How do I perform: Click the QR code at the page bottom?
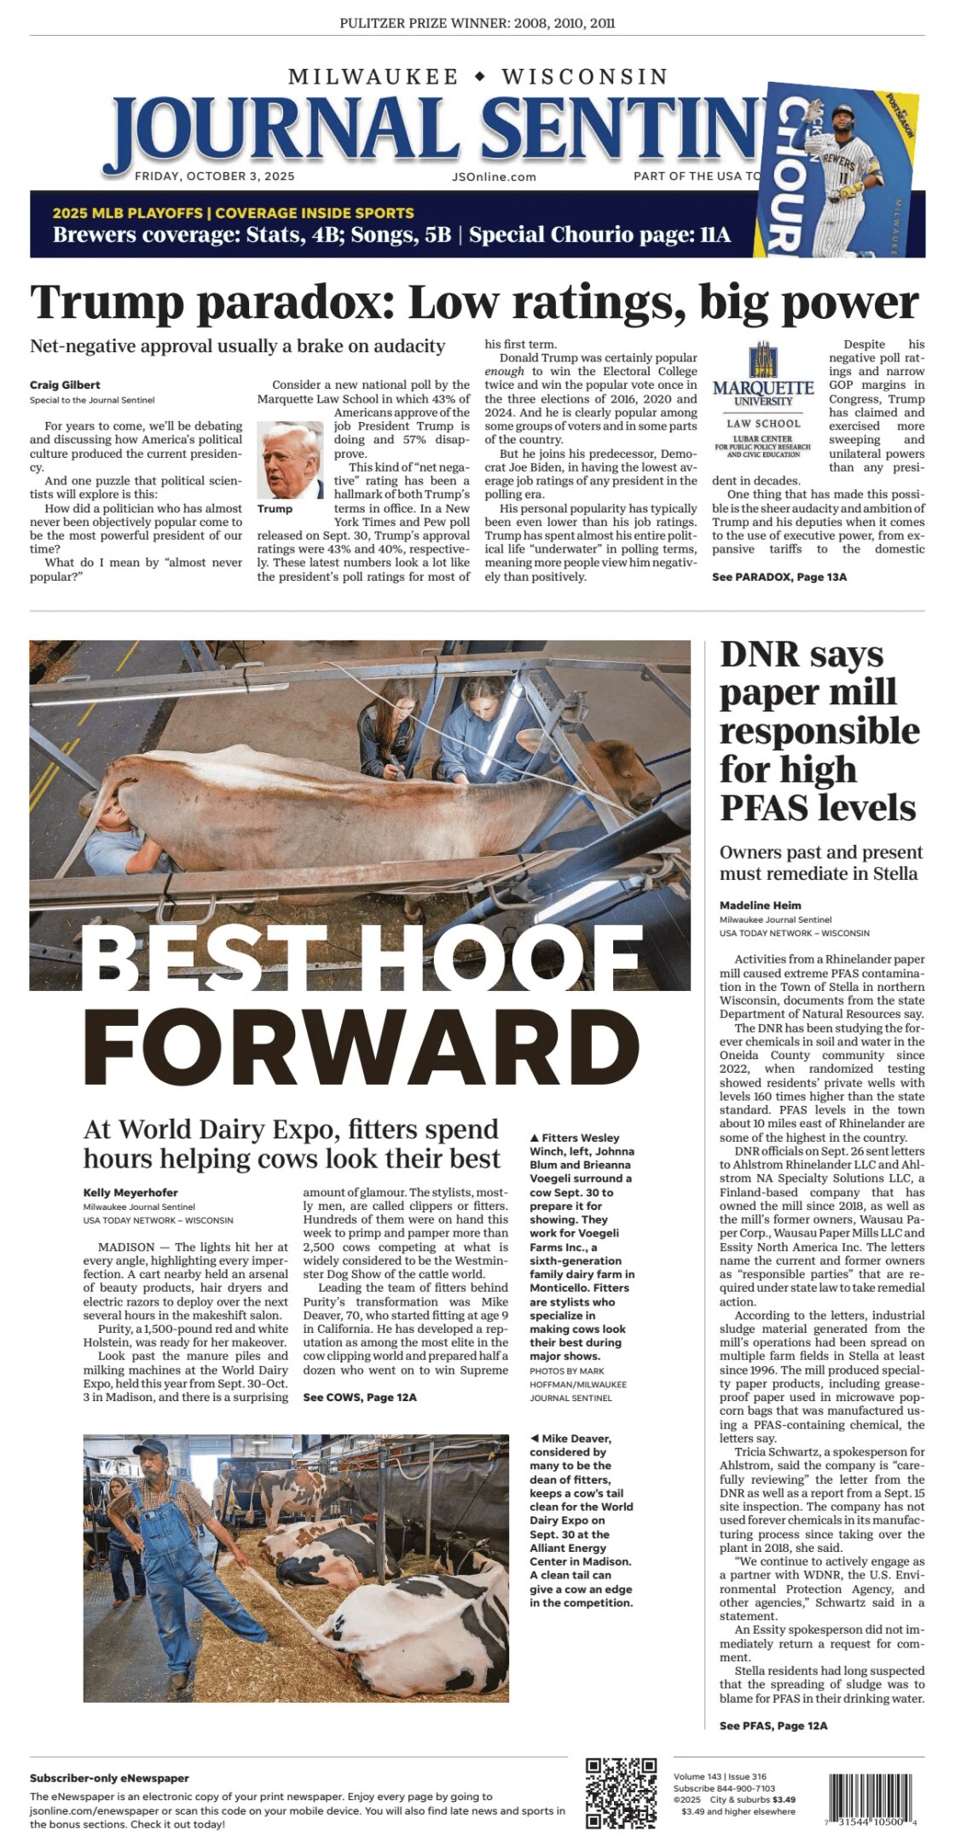click(x=621, y=1793)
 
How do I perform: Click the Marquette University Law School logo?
click(x=763, y=401)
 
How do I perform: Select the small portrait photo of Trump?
click(x=290, y=460)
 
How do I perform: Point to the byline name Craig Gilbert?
click(x=65, y=385)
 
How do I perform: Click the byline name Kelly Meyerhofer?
click(x=130, y=1192)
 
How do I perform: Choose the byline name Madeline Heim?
click(x=760, y=905)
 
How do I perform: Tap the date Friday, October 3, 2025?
click(x=215, y=177)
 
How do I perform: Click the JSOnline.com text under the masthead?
click(x=494, y=177)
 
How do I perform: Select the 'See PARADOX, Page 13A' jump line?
click(x=779, y=576)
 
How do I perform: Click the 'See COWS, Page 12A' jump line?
click(x=360, y=1397)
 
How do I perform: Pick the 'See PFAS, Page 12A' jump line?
click(x=773, y=1725)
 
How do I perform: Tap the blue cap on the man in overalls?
click(x=151, y=1447)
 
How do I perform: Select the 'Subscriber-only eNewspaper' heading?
click(x=109, y=1778)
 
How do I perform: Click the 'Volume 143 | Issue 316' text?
click(x=720, y=1776)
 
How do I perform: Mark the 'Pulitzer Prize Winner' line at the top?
click(x=477, y=23)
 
